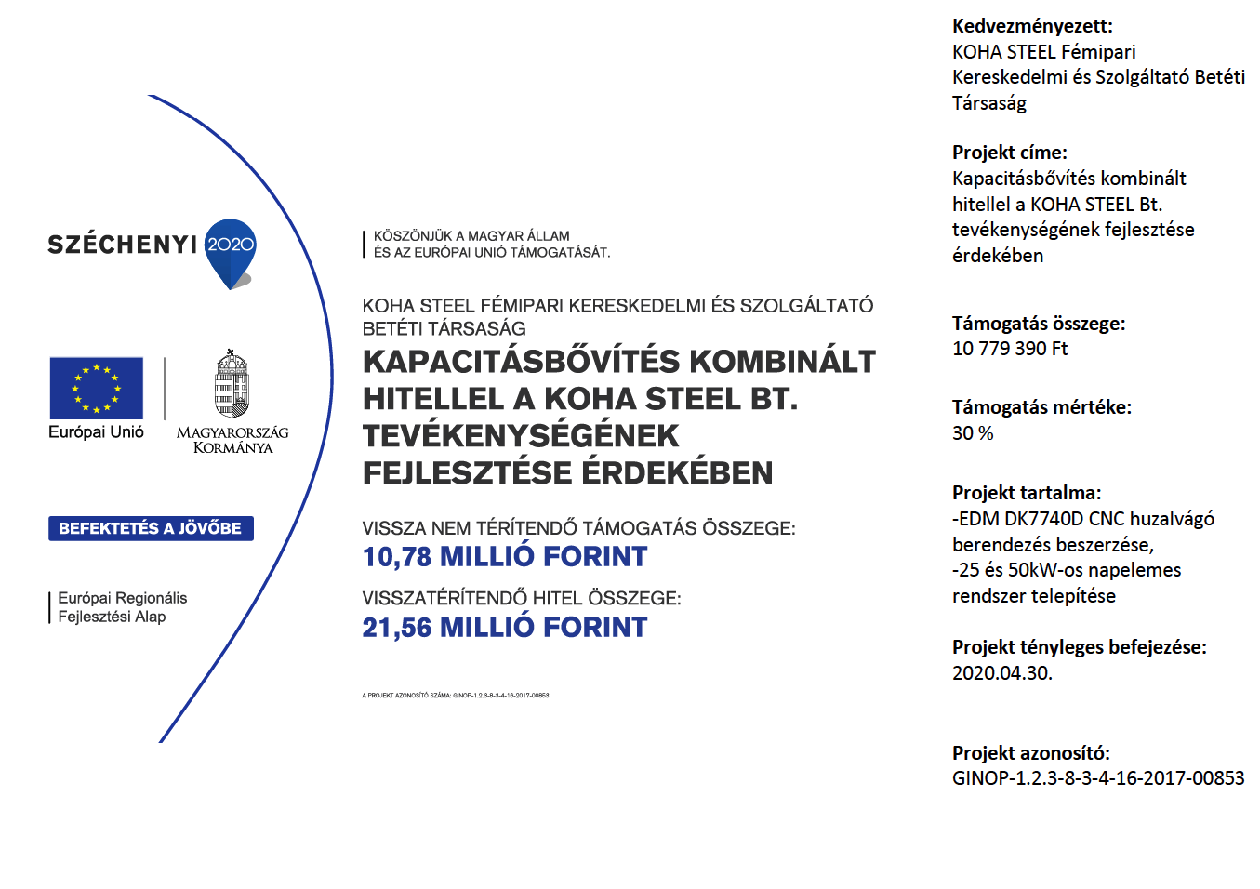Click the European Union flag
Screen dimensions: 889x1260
click(97, 388)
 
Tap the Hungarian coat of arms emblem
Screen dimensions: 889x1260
click(232, 384)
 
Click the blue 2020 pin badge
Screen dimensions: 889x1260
click(230, 247)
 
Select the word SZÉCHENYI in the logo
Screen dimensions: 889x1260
click(123, 245)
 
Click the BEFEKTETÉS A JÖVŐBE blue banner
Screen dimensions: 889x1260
click(151, 528)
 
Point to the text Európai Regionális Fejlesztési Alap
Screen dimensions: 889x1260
click(122, 607)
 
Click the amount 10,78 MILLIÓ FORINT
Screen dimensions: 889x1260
click(505, 557)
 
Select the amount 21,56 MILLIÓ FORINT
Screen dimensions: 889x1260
click(505, 628)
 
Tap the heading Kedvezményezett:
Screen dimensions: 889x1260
click(1032, 26)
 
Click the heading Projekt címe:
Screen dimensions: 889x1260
click(1010, 153)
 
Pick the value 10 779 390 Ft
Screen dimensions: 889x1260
click(1010, 349)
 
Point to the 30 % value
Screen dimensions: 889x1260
click(973, 433)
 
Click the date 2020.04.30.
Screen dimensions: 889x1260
click(1002, 673)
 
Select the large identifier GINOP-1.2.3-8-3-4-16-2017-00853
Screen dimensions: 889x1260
click(1098, 778)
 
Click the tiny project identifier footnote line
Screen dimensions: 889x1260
click(456, 696)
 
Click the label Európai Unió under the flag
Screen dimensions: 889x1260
click(97, 432)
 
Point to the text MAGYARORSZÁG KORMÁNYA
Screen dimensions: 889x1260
click(232, 440)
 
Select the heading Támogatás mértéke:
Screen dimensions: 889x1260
click(1041, 407)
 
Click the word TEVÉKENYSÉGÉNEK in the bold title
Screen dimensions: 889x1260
click(521, 436)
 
